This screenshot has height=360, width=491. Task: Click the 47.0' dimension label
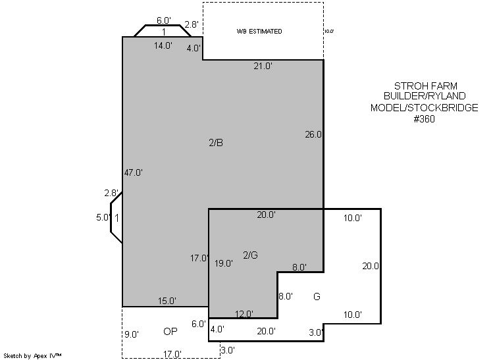click(134, 172)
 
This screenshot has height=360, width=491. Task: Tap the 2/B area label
click(216, 143)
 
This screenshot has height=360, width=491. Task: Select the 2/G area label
click(251, 255)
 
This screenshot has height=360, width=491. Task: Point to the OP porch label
click(170, 331)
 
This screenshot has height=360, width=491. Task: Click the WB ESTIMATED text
click(259, 32)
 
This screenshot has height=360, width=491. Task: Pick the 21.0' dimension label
click(263, 66)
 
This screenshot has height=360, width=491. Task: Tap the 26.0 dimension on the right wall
click(313, 134)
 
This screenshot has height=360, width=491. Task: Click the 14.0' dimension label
click(163, 45)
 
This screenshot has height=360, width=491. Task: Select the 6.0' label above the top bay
click(164, 20)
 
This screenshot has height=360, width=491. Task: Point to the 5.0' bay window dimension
click(103, 217)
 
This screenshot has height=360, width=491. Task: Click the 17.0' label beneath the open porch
click(172, 354)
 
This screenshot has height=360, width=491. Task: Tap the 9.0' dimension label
click(132, 334)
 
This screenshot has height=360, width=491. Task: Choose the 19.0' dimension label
click(224, 263)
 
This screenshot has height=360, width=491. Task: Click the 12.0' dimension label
click(244, 314)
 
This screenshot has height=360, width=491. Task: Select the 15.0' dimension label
click(167, 301)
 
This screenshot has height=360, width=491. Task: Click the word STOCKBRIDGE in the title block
click(443, 108)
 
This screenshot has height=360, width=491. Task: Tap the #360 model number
click(424, 119)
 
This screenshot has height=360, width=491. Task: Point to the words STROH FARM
click(426, 86)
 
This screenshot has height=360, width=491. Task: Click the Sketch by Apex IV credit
click(32, 356)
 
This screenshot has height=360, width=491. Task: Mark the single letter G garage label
click(317, 296)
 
